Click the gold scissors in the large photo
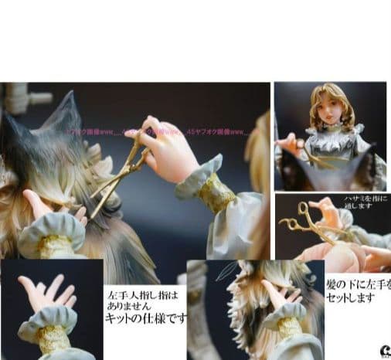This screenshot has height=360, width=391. [124, 171]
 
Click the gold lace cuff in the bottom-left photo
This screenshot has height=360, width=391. [52, 338]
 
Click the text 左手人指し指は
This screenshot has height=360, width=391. [143, 294]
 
